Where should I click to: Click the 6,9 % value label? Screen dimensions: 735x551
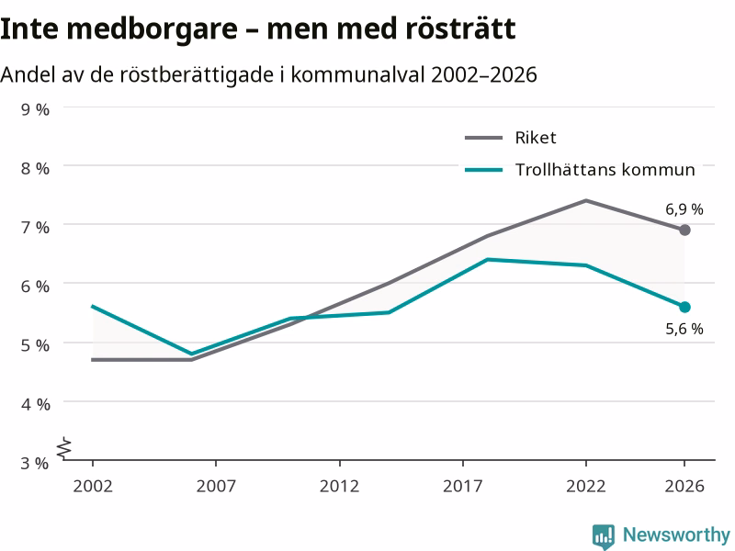pyautogui.click(x=684, y=209)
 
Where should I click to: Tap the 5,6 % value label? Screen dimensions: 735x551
pyautogui.click(x=684, y=329)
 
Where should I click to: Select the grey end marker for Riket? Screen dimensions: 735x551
pyautogui.click(x=684, y=231)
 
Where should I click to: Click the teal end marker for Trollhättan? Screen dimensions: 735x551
pyautogui.click(x=684, y=308)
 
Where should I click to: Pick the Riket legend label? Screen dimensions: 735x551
pyautogui.click(x=536, y=138)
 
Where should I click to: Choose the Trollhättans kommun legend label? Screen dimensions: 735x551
pyautogui.click(x=605, y=169)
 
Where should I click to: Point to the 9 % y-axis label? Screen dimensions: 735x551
pyautogui.click(x=35, y=109)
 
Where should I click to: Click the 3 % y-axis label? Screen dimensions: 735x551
pyautogui.click(x=35, y=463)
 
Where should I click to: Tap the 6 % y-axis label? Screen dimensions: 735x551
pyautogui.click(x=35, y=287)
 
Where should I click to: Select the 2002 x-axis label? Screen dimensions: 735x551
pyautogui.click(x=93, y=486)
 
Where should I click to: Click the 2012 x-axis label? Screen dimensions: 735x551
pyautogui.click(x=339, y=486)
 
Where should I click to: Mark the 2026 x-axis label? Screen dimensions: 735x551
pyautogui.click(x=684, y=486)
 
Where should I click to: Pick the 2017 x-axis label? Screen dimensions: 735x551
pyautogui.click(x=463, y=486)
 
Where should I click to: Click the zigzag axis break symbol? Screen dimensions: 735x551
pyautogui.click(x=64, y=448)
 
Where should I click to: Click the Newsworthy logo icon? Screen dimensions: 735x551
pyautogui.click(x=604, y=536)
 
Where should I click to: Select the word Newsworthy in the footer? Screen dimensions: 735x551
pyautogui.click(x=676, y=534)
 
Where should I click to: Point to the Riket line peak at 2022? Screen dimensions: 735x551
pyautogui.click(x=586, y=200)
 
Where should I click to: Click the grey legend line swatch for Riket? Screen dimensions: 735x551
pyautogui.click(x=484, y=138)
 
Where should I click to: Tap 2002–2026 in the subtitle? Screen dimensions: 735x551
pyautogui.click(x=484, y=74)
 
